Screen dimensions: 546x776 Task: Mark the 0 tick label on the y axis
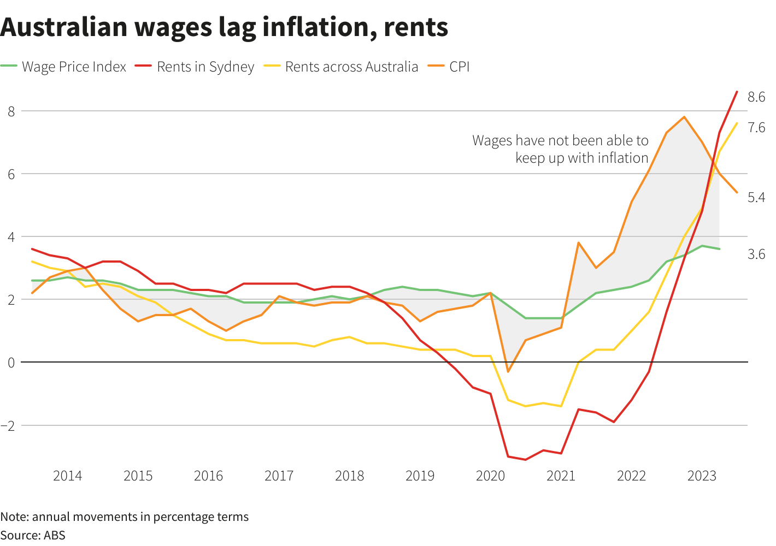pyautogui.click(x=11, y=362)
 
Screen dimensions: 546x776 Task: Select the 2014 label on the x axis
pyautogui.click(x=67, y=476)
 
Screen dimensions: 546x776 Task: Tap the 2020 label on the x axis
pyautogui.click(x=490, y=476)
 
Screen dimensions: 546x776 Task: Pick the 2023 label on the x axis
pyautogui.click(x=702, y=476)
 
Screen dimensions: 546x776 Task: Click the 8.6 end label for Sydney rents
pyautogui.click(x=756, y=97)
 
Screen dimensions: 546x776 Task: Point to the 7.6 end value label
pyautogui.click(x=756, y=128)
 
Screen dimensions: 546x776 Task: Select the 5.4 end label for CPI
pyautogui.click(x=756, y=198)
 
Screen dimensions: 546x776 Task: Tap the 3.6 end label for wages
pyautogui.click(x=756, y=254)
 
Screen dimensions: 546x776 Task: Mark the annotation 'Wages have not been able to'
pyautogui.click(x=560, y=140)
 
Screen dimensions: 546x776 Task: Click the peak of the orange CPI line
pyautogui.click(x=684, y=117)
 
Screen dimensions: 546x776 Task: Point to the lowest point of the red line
pyautogui.click(x=525, y=460)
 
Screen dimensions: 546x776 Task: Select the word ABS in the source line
pyautogui.click(x=55, y=535)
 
